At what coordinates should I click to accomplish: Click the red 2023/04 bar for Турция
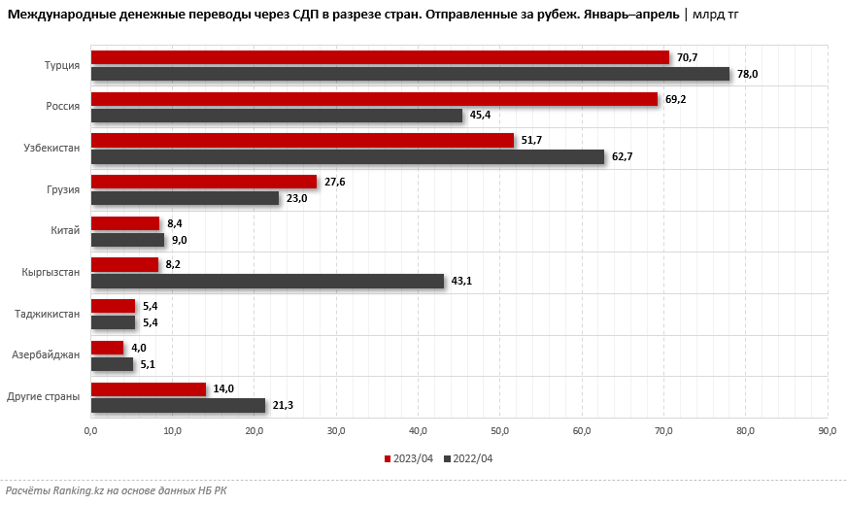pos(380,57)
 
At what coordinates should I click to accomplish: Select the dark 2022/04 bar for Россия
pos(277,116)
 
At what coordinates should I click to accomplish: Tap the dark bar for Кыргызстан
pos(267,281)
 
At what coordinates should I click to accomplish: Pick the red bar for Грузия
pos(204,182)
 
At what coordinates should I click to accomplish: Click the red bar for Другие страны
pos(149,388)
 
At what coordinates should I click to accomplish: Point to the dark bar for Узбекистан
pos(348,156)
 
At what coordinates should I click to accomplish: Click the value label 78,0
pos(747,74)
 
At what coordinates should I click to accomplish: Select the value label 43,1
pos(461,281)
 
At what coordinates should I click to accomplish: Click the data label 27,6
pos(335,182)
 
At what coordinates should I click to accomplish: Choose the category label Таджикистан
pos(48,314)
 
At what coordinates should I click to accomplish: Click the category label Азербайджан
pos(47,355)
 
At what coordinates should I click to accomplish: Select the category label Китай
pos(65,231)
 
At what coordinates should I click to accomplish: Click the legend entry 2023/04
pos(412,458)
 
